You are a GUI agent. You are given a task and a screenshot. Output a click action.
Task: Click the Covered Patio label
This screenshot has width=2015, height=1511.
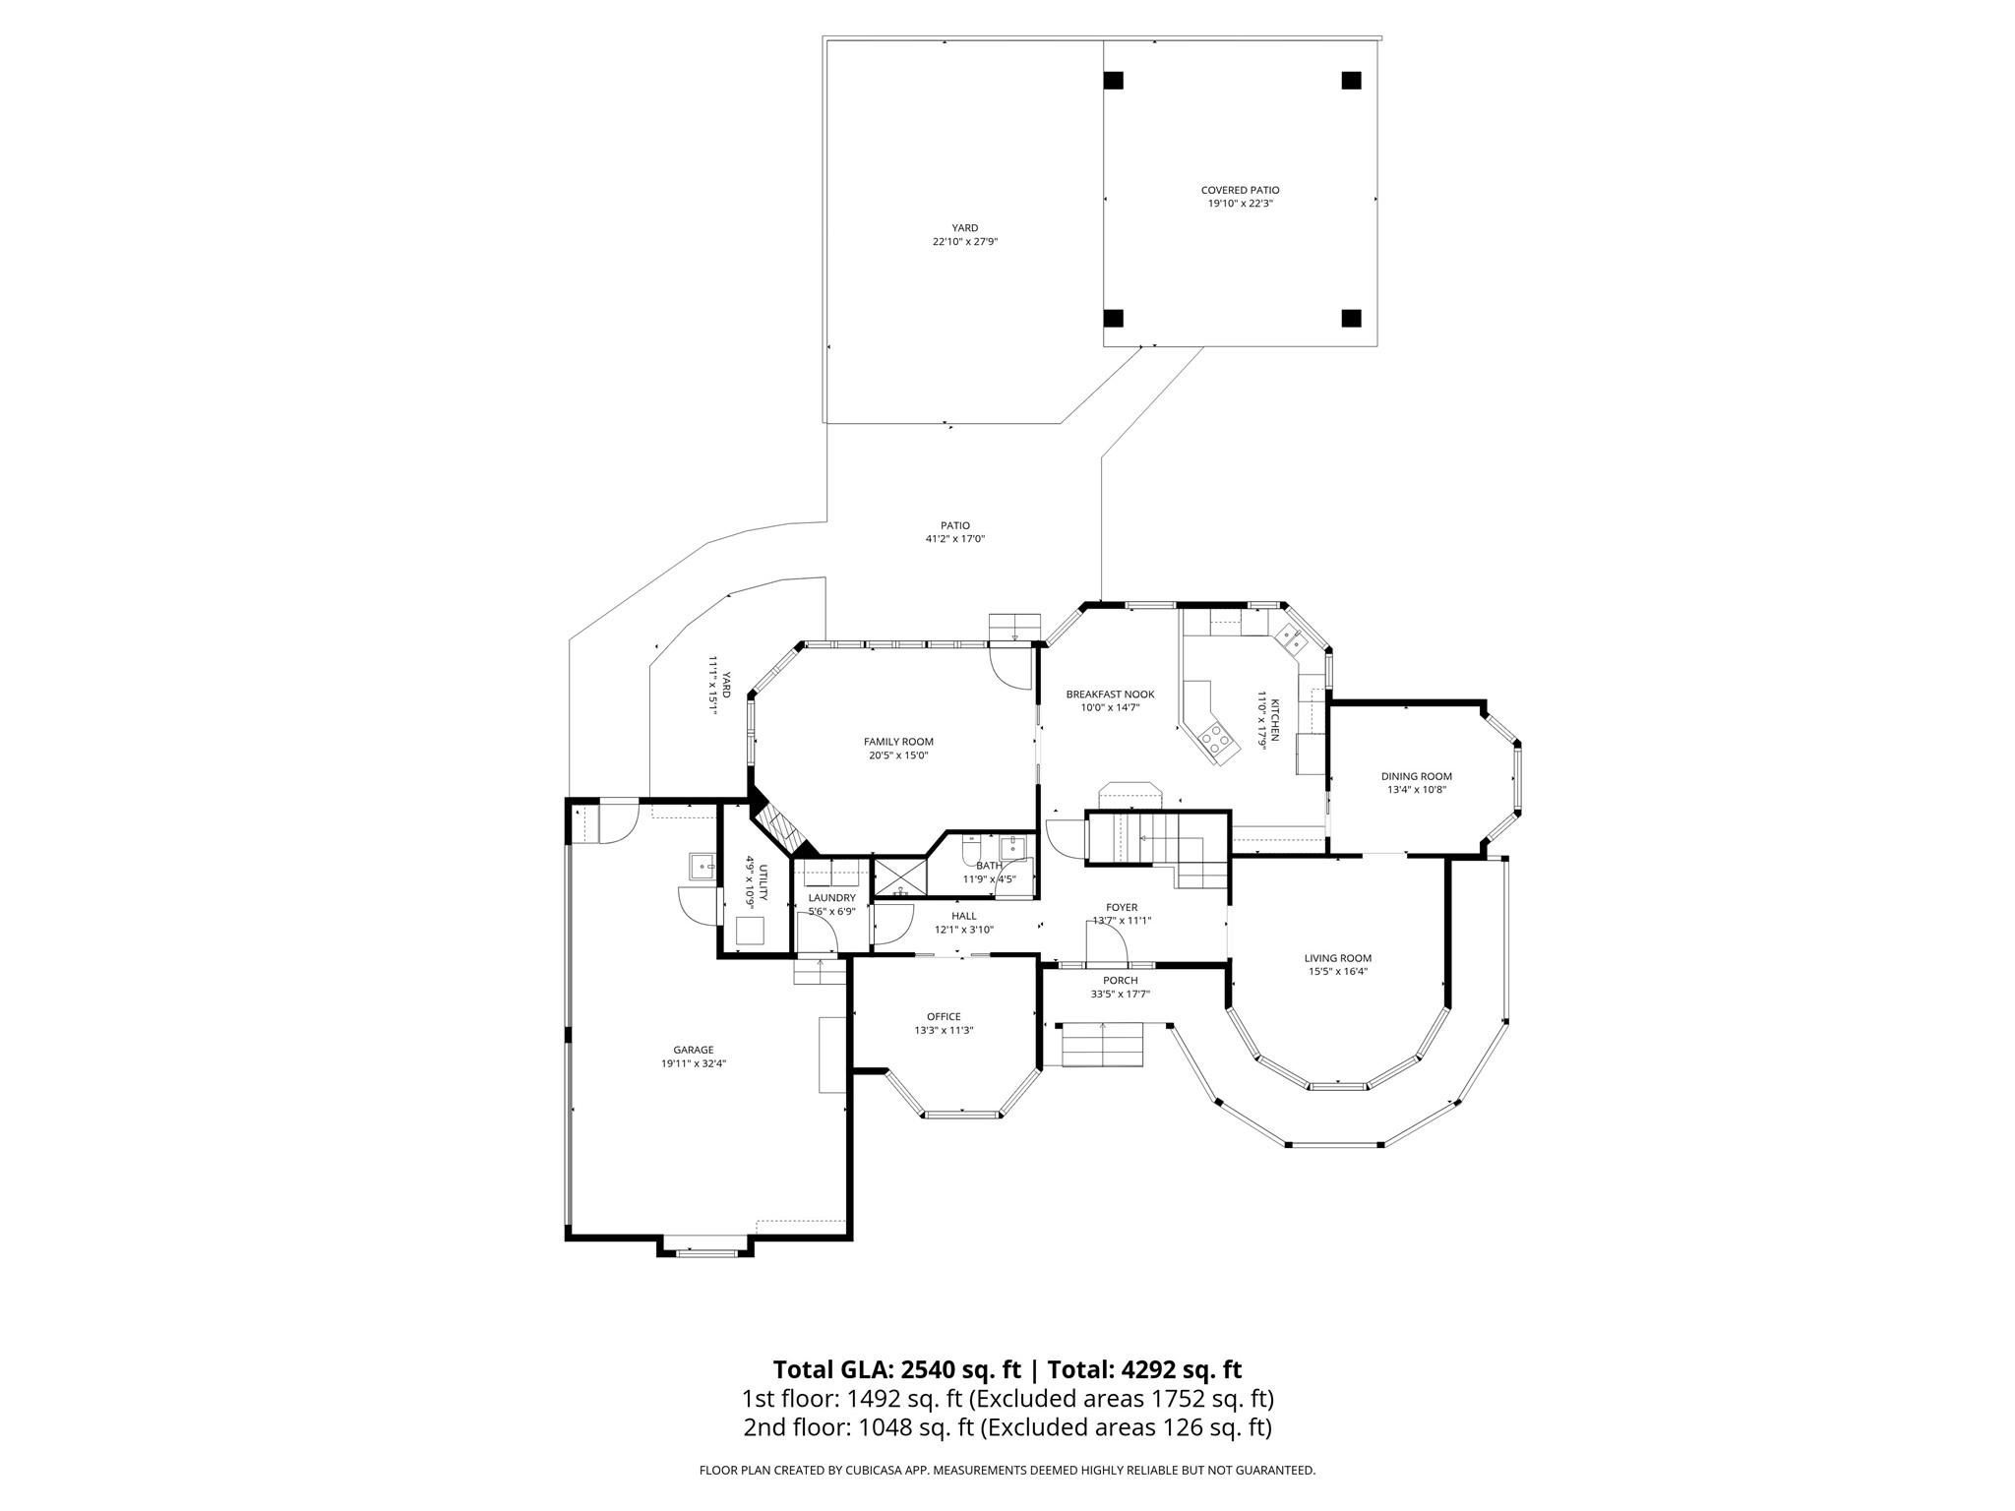point(1240,190)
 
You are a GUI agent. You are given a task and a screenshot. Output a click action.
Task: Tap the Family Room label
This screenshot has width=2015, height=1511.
point(898,742)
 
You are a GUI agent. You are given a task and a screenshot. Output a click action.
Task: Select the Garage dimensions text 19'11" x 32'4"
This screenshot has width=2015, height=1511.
point(694,1063)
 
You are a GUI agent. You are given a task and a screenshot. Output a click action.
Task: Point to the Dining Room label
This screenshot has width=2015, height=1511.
point(1416,776)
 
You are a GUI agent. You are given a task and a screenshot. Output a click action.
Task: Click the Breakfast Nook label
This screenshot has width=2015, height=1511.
point(1110,695)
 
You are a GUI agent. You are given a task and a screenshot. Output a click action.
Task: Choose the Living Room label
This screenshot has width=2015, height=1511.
point(1337,958)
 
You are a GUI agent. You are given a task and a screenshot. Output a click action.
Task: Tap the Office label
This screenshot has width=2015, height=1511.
point(944,1017)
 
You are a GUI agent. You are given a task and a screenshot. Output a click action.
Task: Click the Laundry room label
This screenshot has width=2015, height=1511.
point(831,898)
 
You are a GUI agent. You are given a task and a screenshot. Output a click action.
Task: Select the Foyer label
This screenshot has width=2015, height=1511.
point(1122,908)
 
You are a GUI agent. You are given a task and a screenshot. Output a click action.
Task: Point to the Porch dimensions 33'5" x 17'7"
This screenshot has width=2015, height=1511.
point(1120,995)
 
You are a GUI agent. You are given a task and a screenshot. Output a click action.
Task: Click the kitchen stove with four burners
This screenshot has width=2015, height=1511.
point(1218,738)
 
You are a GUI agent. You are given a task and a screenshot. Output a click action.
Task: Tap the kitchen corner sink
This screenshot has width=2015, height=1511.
point(1291,640)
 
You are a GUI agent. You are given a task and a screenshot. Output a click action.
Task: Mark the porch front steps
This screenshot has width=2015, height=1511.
point(1102,1045)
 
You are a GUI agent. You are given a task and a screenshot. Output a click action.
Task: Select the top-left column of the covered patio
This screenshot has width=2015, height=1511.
point(1114,81)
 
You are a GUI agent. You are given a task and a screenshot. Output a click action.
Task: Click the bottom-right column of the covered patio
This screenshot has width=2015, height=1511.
point(1351,318)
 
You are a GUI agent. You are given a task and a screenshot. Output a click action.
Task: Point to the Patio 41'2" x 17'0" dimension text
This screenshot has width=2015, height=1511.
point(954,539)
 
